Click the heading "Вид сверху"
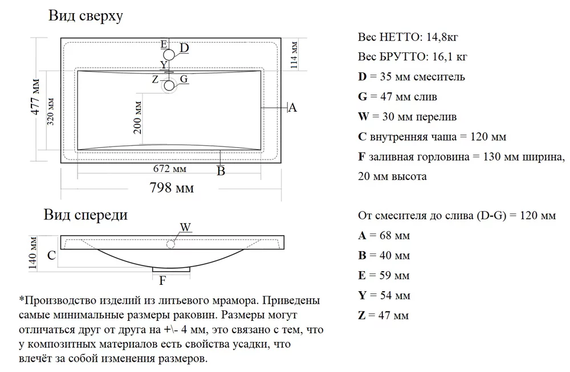click(x=85, y=16)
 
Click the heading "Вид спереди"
click(x=85, y=215)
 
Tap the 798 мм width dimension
click(x=171, y=187)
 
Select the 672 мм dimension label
click(x=170, y=169)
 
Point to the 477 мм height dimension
click(x=36, y=100)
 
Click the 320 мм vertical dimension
click(x=51, y=112)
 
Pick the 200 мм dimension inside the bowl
click(x=137, y=117)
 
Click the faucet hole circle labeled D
click(x=169, y=55)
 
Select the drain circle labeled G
click(x=169, y=85)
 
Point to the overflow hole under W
click(x=170, y=244)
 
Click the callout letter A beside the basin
click(x=292, y=107)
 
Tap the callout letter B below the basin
click(x=221, y=171)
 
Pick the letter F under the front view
click(x=162, y=280)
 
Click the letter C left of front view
click(x=51, y=256)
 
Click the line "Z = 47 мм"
click(x=384, y=315)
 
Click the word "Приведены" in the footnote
click(x=293, y=300)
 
